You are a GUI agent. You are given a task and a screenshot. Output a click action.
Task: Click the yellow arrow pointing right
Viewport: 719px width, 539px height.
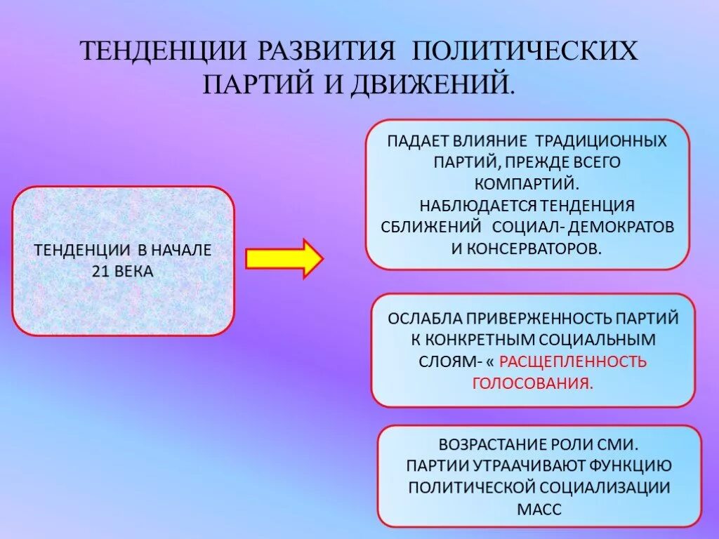point(284,258)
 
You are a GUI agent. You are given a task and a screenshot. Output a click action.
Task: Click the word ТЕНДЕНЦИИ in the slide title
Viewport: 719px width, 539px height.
point(162,52)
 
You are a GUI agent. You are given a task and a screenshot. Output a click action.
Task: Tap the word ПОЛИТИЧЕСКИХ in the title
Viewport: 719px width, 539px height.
point(525,52)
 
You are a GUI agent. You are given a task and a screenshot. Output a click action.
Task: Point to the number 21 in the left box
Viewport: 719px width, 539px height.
point(101,271)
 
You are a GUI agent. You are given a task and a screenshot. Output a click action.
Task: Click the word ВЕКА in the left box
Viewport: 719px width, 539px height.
point(136,271)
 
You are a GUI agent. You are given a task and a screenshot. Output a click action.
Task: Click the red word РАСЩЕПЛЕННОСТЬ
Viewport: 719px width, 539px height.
point(573,362)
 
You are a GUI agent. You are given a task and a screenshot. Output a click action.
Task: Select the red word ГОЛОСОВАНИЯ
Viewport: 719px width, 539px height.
point(533,384)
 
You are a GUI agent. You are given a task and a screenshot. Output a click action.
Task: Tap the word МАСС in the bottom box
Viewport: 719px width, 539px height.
point(539,510)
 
